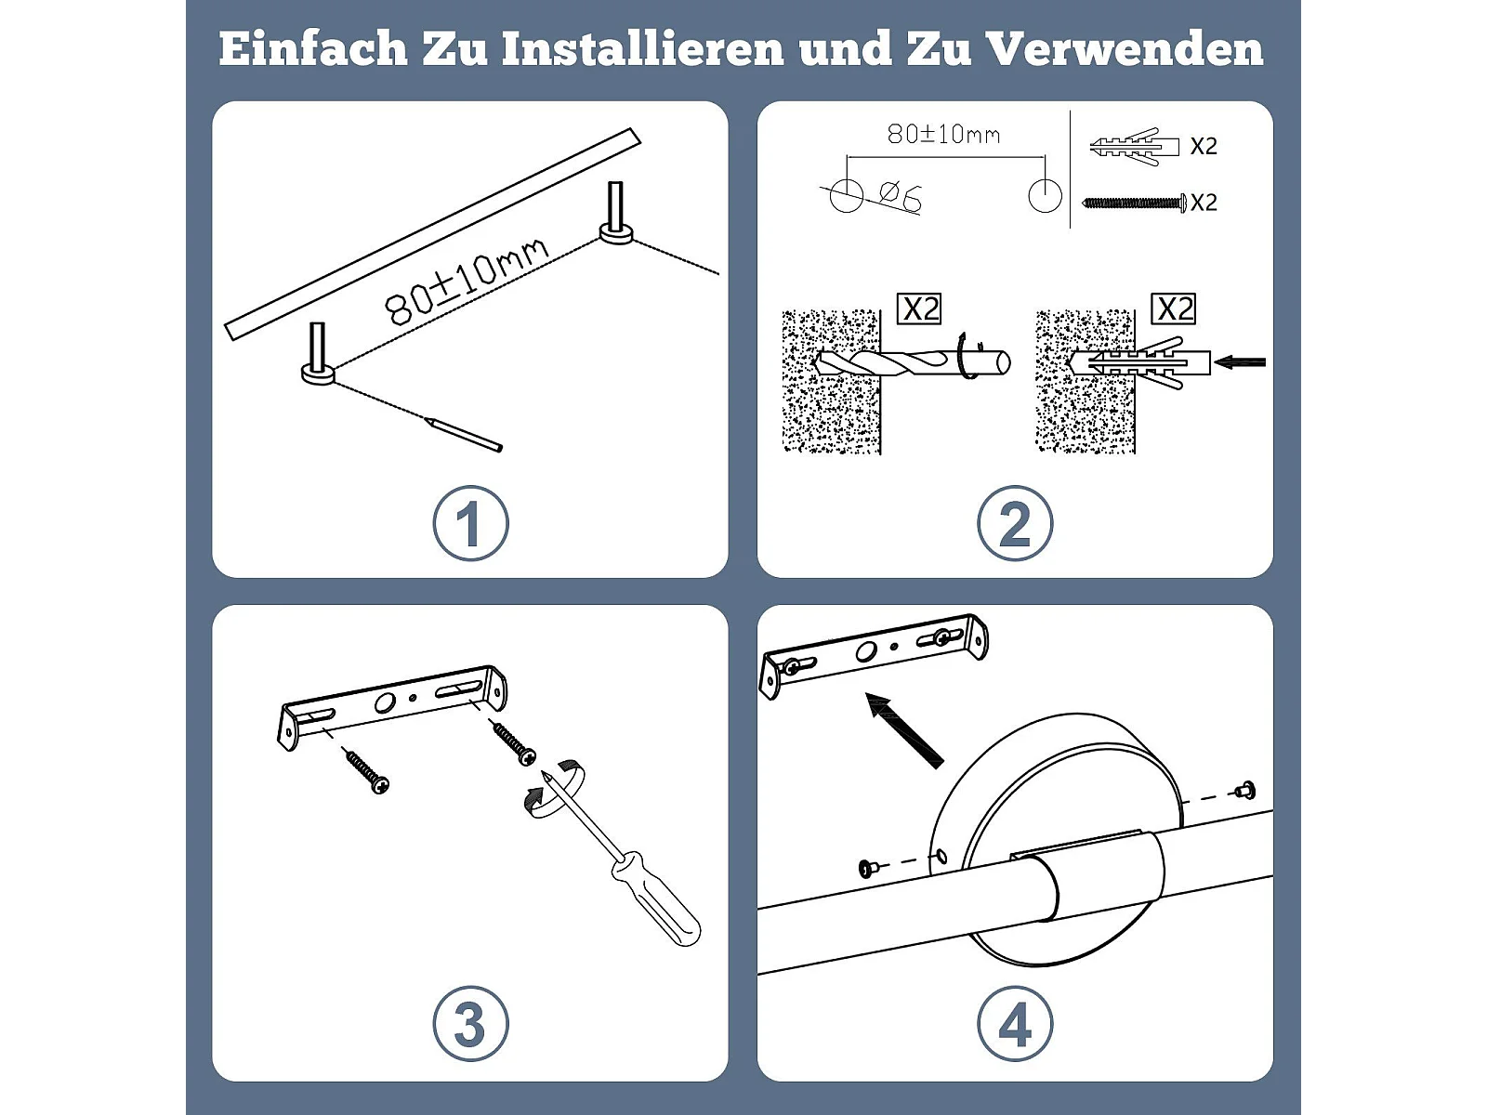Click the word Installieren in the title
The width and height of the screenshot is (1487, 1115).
(642, 49)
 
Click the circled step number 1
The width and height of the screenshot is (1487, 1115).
(470, 522)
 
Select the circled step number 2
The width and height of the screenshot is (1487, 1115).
(1014, 522)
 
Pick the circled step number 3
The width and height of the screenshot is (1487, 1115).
(470, 1024)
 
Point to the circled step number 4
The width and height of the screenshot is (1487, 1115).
(1014, 1024)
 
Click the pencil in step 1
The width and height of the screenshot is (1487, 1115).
(464, 434)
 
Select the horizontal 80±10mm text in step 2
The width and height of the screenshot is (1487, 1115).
(943, 134)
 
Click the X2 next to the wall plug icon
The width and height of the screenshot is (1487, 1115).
(1204, 146)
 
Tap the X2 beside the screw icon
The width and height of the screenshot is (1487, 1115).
(1204, 203)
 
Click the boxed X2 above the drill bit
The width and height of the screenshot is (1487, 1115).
(919, 309)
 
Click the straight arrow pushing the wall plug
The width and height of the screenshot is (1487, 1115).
(1239, 363)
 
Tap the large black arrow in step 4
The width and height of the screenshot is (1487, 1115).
(904, 730)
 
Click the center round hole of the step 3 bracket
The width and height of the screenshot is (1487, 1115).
(383, 704)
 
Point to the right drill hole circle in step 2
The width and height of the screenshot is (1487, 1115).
(1044, 196)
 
